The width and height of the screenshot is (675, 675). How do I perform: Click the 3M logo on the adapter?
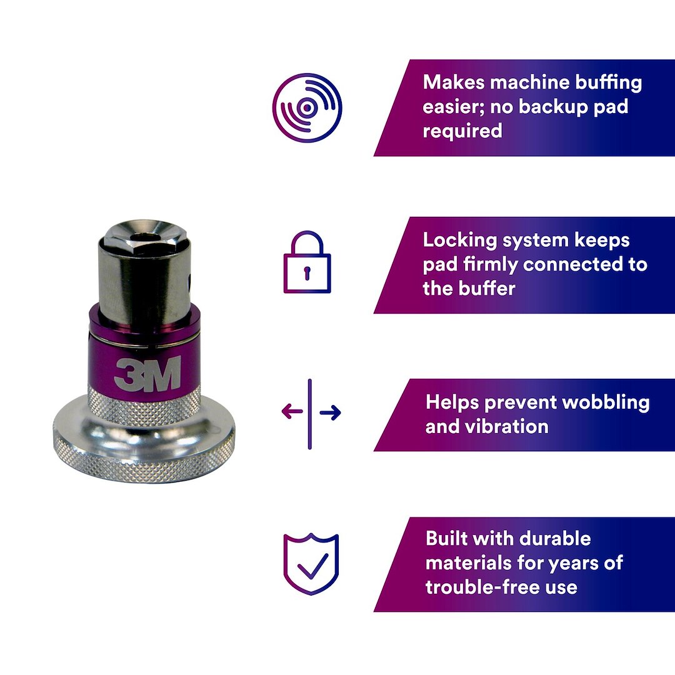(147, 374)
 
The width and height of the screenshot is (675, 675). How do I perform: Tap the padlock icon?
(307, 262)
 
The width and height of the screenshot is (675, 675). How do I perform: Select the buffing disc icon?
(307, 107)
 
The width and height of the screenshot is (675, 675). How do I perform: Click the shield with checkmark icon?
(311, 564)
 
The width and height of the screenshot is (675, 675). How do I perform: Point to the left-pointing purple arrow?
(292, 411)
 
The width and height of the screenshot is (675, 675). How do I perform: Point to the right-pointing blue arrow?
(330, 412)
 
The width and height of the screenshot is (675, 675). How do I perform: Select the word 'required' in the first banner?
(462, 131)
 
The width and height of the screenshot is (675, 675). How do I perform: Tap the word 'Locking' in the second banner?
(460, 241)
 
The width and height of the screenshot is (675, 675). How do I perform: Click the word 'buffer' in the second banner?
(491, 288)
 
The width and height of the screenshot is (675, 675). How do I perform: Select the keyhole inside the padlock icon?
(307, 273)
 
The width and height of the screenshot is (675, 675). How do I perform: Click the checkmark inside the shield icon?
(312, 566)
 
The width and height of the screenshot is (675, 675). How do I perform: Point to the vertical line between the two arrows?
(310, 414)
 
